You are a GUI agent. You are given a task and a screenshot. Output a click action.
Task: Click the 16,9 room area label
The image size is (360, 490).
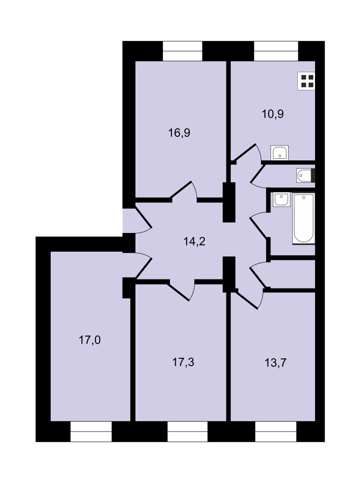(x=180, y=133)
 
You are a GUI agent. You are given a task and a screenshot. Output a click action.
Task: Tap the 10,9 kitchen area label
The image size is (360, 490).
(x=273, y=114)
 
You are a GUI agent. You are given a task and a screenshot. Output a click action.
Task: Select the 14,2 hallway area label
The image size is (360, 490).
(x=194, y=242)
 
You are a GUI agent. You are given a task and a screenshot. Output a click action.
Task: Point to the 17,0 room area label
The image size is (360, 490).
(x=90, y=340)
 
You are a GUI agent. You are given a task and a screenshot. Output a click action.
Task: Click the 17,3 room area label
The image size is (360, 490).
(x=183, y=362)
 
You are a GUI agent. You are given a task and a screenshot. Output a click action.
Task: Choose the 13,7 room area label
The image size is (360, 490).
(x=276, y=363)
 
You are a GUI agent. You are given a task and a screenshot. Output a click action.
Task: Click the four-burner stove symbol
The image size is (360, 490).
(x=306, y=81)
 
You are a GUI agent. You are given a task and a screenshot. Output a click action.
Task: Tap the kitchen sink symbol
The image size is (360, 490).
(x=280, y=153)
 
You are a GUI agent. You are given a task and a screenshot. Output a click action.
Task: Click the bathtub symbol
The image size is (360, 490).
(x=304, y=218)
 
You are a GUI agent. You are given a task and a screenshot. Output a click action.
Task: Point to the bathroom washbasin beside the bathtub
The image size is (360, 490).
(x=281, y=200)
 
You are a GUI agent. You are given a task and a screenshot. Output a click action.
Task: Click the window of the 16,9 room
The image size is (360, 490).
(x=182, y=51)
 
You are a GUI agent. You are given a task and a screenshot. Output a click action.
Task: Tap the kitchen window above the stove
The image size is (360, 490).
(x=276, y=51)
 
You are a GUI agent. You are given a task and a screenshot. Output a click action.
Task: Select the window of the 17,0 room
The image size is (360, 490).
(x=91, y=431)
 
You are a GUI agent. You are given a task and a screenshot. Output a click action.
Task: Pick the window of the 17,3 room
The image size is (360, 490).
(x=188, y=431)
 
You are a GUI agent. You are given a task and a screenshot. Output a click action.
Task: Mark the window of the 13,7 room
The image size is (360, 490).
(x=276, y=431)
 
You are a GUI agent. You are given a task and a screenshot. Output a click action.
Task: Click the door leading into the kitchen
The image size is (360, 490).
(x=247, y=154)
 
